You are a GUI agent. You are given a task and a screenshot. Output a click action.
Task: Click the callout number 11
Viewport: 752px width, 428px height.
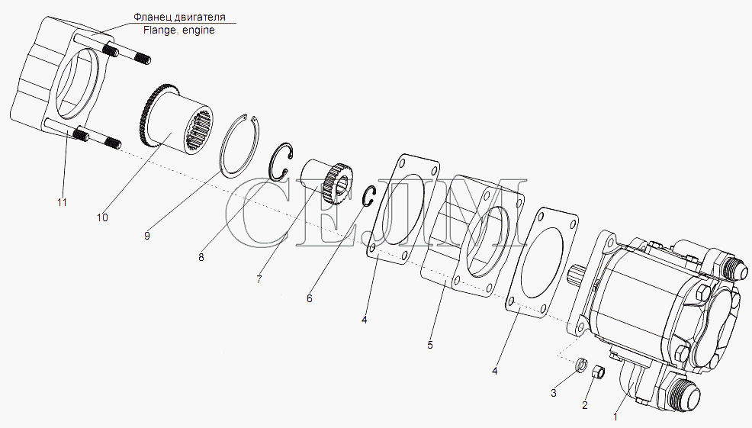tap(62, 202)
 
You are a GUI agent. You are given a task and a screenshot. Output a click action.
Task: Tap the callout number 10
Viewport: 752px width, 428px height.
tap(102, 217)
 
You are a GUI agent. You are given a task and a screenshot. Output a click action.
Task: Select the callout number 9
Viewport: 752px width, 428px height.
tap(146, 236)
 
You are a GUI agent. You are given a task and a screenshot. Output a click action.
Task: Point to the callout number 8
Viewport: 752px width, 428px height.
tap(201, 257)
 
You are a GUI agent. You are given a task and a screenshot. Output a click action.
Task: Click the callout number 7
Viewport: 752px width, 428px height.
tap(259, 278)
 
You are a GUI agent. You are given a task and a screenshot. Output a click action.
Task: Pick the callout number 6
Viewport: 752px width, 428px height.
tap(310, 298)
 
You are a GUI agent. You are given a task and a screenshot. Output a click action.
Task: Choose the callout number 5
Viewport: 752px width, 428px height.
tap(429, 345)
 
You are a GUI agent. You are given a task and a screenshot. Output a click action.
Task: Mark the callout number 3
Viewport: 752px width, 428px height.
tap(554, 394)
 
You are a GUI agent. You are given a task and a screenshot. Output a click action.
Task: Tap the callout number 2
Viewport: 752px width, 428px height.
tap(585, 405)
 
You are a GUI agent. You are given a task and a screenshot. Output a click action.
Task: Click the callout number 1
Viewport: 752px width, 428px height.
tap(616, 417)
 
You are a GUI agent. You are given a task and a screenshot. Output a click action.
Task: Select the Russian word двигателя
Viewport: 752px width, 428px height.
tap(200, 18)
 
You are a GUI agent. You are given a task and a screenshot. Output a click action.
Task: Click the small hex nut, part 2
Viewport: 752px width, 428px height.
tap(597, 371)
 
